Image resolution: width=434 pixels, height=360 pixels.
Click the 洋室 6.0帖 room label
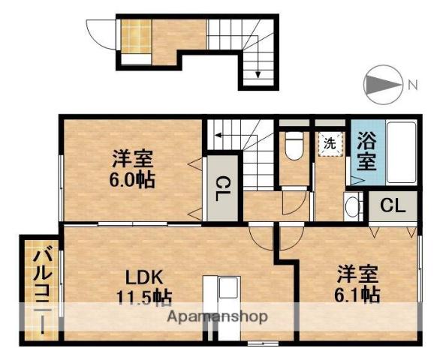132,169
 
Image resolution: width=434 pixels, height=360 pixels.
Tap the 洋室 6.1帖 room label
357,284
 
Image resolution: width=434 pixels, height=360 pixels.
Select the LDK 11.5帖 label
144,287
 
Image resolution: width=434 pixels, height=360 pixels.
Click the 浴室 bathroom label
366,151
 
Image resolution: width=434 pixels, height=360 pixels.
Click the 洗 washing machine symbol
330,144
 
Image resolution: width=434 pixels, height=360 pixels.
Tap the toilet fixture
294,146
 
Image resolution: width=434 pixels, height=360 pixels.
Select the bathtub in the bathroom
402,152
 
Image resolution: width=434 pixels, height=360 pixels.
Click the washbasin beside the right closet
352,207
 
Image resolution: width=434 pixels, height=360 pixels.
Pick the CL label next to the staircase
221,189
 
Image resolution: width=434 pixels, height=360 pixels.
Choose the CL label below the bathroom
393,205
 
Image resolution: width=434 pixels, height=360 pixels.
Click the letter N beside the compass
413,84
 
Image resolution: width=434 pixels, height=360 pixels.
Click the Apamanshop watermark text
217,316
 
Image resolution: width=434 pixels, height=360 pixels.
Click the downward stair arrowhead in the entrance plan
258,75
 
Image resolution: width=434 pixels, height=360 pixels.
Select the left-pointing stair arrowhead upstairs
218,135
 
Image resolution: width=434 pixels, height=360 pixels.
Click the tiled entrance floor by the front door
137,36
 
